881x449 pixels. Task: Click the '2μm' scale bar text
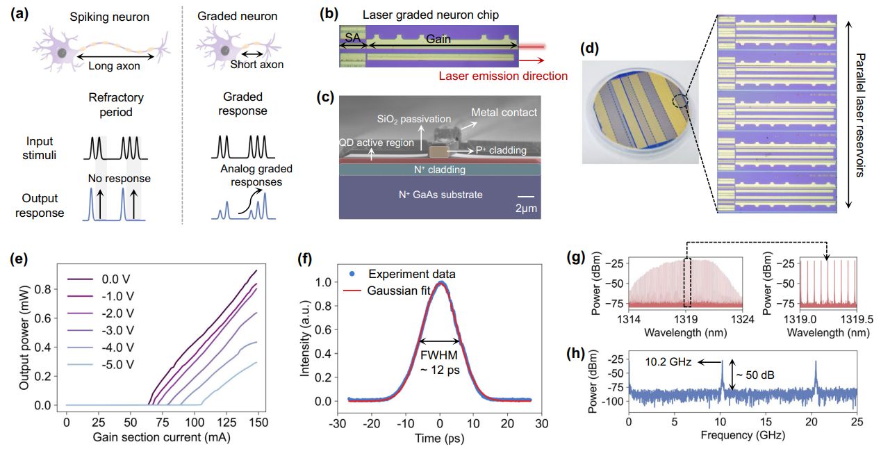point(528,207)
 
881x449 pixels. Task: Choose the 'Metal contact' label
point(504,112)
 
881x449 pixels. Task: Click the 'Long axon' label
point(113,67)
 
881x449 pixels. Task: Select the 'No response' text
point(120,179)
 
